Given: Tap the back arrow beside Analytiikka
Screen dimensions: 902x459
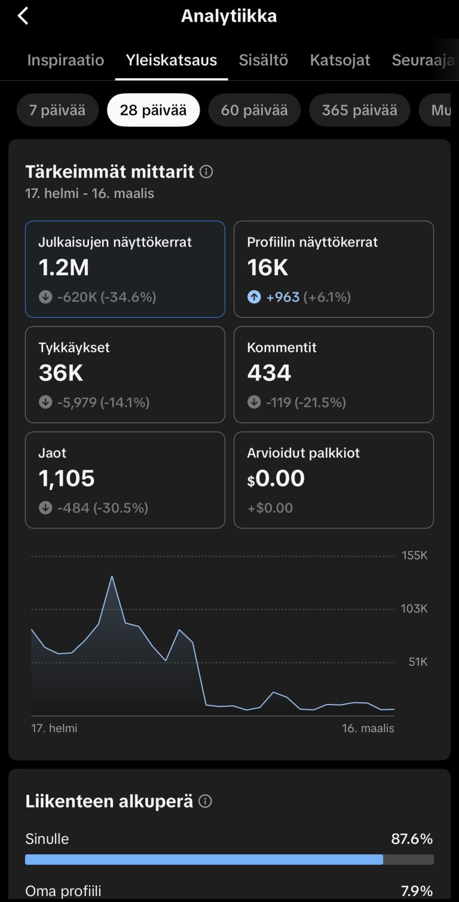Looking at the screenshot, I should (23, 16).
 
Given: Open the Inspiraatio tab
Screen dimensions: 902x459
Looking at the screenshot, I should (66, 60).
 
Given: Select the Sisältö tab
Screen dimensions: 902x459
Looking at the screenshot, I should (264, 60).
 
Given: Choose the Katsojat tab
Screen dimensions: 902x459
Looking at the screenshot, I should (340, 60).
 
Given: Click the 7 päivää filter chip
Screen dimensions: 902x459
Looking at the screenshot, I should (57, 110).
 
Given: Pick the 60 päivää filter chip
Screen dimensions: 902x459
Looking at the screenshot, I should (254, 110).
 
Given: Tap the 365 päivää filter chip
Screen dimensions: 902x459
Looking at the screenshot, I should (359, 110).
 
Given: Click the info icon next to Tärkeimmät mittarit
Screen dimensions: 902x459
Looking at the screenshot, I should (206, 172).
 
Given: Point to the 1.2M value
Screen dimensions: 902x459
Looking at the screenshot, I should (64, 268).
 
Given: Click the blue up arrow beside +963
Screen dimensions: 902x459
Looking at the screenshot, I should (254, 297).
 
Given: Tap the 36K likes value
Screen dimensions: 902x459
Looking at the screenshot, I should (61, 373).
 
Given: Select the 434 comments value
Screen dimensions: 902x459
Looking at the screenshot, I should (269, 373).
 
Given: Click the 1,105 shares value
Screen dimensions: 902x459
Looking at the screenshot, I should (67, 479).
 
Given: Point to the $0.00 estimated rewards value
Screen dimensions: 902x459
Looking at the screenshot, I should (276, 479).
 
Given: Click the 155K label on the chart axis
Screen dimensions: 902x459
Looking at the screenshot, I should (415, 556).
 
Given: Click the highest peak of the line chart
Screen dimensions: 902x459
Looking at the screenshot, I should (112, 577).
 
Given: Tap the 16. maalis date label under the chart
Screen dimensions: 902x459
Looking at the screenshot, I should (368, 729).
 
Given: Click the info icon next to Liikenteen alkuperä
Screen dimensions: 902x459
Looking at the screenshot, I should (205, 802).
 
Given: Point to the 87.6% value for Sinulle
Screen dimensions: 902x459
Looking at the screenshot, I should (412, 839).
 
